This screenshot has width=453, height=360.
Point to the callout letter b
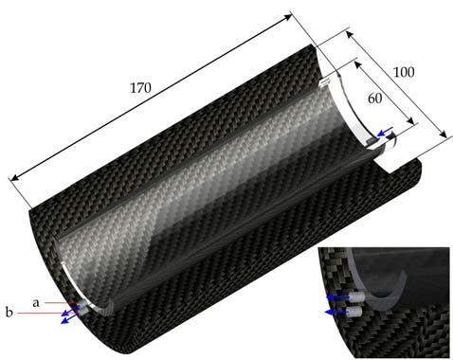[9, 312]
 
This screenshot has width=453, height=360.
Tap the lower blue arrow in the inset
[333, 310]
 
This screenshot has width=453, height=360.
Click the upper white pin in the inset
[353, 297]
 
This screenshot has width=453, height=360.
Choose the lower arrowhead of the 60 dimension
[413, 122]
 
